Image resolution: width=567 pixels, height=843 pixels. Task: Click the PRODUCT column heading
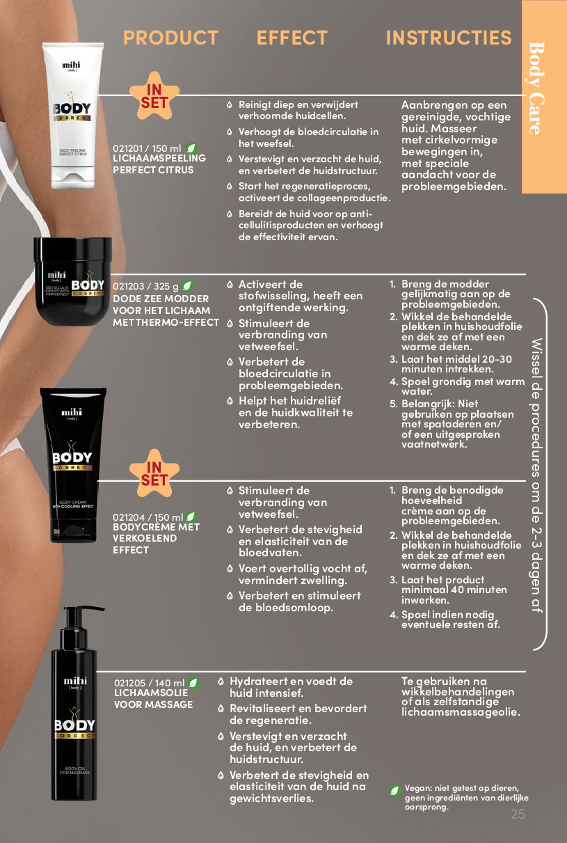(x=170, y=38)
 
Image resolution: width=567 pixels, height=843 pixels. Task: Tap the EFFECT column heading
(x=292, y=38)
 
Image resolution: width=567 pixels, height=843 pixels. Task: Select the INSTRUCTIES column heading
(x=449, y=38)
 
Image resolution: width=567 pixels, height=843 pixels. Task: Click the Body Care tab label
(x=536, y=88)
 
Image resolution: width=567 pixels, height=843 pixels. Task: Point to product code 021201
(x=128, y=149)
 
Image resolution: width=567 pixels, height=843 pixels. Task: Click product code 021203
(x=129, y=286)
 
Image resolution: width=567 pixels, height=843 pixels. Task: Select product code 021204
(x=129, y=517)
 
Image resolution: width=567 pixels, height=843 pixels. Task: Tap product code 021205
(x=129, y=683)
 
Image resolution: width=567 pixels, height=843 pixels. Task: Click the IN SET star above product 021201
(x=154, y=96)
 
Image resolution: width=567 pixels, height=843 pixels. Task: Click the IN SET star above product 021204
(x=154, y=473)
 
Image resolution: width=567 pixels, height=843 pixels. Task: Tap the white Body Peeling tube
(x=72, y=116)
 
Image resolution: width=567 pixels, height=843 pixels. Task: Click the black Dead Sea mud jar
(x=72, y=281)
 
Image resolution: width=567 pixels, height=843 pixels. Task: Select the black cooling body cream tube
(x=73, y=465)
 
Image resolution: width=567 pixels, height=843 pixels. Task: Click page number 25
(x=518, y=814)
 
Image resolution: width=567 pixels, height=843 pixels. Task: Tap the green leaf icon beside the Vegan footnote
(x=394, y=790)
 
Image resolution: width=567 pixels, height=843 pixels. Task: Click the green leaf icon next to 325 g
(x=187, y=286)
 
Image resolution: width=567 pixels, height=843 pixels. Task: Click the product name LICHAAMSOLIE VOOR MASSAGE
(x=154, y=699)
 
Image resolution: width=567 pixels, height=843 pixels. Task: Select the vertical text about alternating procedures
(x=536, y=475)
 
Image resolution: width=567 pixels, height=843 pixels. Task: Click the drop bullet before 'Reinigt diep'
(x=230, y=105)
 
